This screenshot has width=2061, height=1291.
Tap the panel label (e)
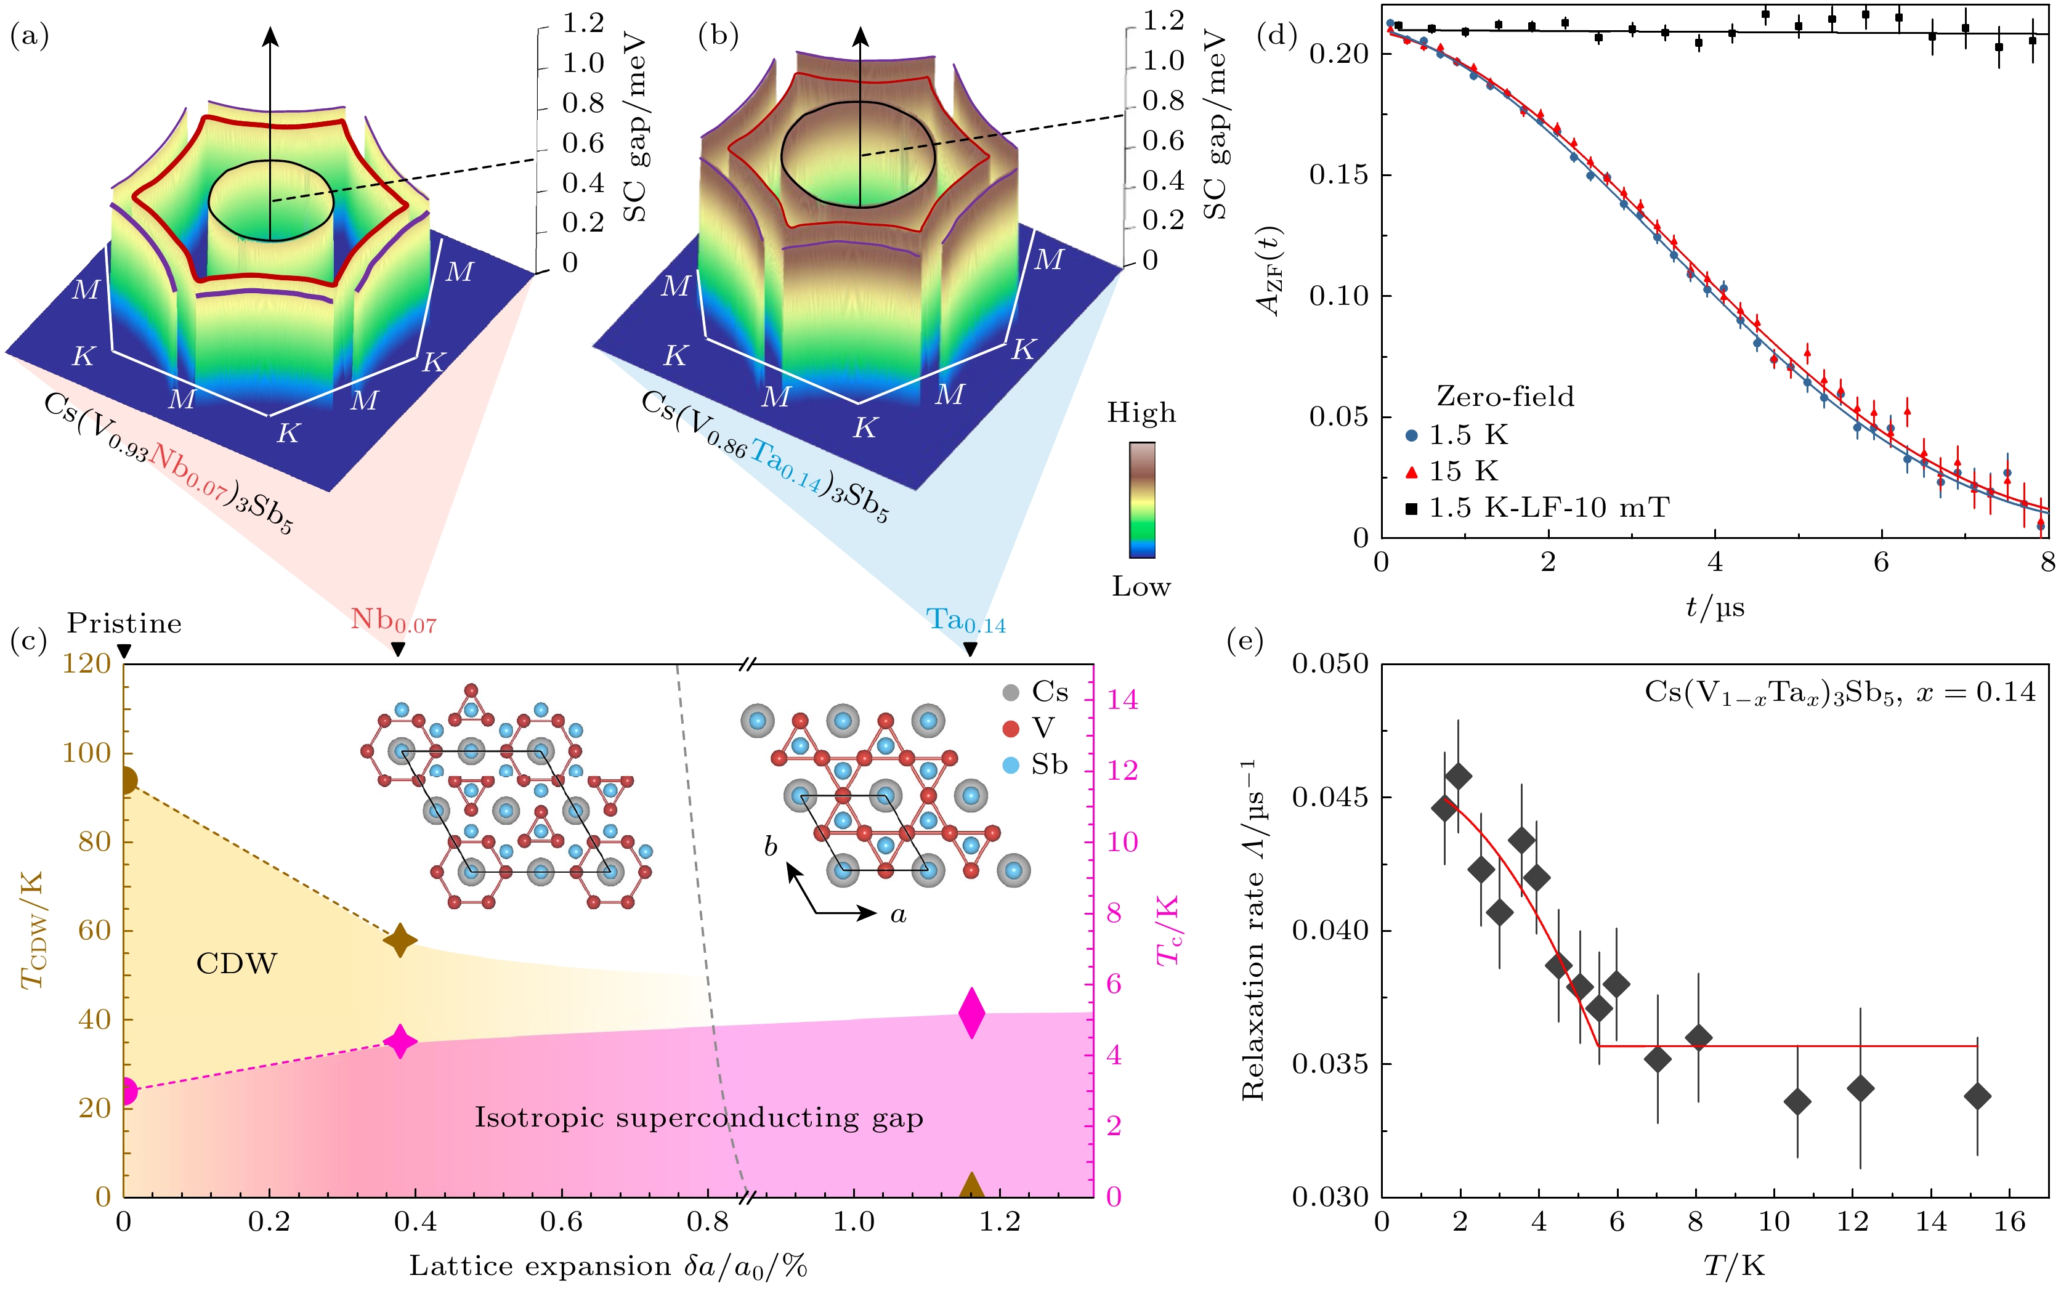tap(1244, 641)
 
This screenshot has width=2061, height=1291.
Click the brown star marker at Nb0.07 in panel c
tap(400, 941)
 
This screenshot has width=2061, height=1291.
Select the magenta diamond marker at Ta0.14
tap(971, 1013)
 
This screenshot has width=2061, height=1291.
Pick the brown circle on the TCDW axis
tap(126, 780)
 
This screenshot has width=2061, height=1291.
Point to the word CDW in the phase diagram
tap(237, 964)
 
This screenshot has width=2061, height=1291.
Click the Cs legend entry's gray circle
tap(1011, 692)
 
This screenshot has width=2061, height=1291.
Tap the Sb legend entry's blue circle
tap(1011, 765)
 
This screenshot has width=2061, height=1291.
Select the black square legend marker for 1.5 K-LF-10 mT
tap(1411, 509)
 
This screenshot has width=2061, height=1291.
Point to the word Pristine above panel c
tap(124, 623)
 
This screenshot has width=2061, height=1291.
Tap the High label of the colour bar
tap(1141, 413)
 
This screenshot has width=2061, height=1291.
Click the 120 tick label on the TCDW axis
tap(86, 663)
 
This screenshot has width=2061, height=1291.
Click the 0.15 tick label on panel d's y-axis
tap(1338, 175)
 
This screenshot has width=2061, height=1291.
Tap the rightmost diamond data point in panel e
tap(1977, 1096)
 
